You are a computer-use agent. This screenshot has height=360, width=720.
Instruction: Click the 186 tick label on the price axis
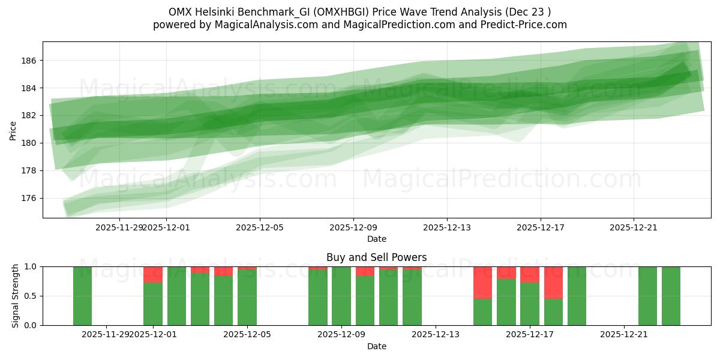[x=29, y=61]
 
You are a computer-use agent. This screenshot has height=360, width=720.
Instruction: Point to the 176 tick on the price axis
[x=29, y=198]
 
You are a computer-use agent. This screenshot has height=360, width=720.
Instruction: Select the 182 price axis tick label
[x=29, y=115]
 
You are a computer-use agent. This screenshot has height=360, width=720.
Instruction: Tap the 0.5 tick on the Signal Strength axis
[x=31, y=296]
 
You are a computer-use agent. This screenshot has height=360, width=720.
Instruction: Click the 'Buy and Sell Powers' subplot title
[x=376, y=257]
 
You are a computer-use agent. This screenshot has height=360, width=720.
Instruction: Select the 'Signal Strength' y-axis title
[x=16, y=296]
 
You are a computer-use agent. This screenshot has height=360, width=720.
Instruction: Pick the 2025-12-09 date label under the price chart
[x=353, y=227]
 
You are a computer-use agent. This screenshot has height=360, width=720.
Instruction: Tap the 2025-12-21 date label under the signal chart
[x=625, y=334]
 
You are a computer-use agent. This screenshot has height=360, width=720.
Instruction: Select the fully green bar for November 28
[x=82, y=296]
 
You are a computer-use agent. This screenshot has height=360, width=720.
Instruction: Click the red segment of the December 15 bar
[x=482, y=282]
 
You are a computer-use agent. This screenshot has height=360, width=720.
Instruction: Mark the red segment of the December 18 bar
[x=553, y=282]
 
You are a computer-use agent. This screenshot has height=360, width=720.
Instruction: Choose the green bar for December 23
[x=671, y=296]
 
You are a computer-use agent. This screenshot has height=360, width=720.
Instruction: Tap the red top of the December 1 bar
[x=153, y=274]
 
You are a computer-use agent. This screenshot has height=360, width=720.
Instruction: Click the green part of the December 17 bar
[x=530, y=304]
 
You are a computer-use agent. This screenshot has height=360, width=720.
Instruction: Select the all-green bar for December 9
[x=341, y=296]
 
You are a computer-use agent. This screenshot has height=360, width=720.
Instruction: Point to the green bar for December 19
[x=577, y=296]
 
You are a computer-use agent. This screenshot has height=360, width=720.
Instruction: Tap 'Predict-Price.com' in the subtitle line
[x=524, y=25]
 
